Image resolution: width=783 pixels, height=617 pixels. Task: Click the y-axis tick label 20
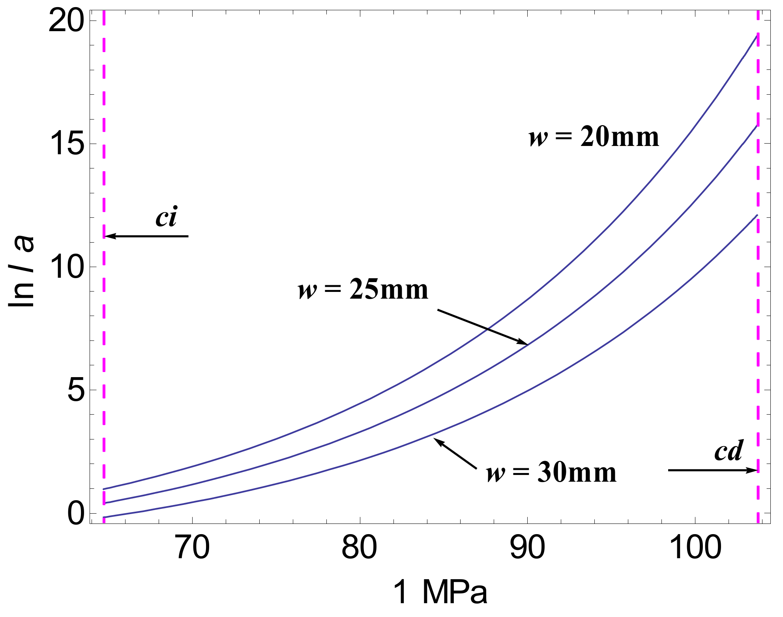[66, 21]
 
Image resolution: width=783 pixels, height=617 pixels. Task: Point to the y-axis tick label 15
[66, 144]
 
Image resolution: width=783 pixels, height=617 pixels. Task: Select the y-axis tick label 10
[66, 267]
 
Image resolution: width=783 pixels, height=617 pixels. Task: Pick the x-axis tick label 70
[192, 548]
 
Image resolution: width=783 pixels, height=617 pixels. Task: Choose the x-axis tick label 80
[360, 548]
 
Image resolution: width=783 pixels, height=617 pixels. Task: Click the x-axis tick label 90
[527, 548]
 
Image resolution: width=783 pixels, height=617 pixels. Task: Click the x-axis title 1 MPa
[440, 592]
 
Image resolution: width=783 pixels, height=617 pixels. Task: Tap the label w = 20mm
[594, 137]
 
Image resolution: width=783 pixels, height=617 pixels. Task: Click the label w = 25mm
[363, 290]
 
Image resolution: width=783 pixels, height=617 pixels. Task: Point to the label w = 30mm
[551, 473]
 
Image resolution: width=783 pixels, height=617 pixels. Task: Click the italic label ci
[166, 217]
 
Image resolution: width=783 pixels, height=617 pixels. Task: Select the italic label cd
[729, 451]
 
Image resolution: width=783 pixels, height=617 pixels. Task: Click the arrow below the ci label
[147, 236]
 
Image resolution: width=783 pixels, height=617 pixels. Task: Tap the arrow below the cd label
[713, 470]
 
